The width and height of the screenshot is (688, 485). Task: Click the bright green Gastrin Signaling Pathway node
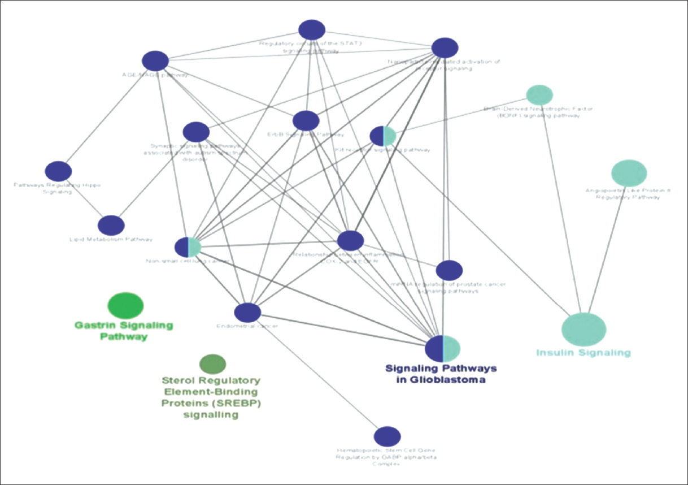pyautogui.click(x=125, y=305)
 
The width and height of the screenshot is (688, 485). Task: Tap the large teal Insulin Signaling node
pyautogui.click(x=584, y=329)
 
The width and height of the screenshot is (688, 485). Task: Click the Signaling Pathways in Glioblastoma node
pyautogui.click(x=443, y=348)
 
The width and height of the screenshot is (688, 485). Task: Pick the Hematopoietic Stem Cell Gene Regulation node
pyautogui.click(x=387, y=436)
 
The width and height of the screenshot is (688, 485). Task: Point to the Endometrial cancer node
pyautogui.click(x=247, y=312)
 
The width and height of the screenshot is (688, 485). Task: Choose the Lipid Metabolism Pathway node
pyautogui.click(x=111, y=226)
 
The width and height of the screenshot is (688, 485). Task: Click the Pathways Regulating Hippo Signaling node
pyautogui.click(x=58, y=171)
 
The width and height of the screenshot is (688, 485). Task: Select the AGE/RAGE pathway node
pyautogui.click(x=155, y=61)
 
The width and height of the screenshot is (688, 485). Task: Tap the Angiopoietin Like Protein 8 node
pyautogui.click(x=629, y=173)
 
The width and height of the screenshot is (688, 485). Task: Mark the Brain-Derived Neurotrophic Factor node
pyautogui.click(x=539, y=94)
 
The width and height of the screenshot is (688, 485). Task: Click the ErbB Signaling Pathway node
pyautogui.click(x=306, y=120)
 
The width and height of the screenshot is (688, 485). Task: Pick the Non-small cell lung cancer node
pyautogui.click(x=188, y=247)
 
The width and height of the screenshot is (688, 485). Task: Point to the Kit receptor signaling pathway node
pyautogui.click(x=383, y=136)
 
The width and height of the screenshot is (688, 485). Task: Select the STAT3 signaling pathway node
pyautogui.click(x=312, y=30)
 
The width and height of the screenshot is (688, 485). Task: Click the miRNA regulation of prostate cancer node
pyautogui.click(x=449, y=270)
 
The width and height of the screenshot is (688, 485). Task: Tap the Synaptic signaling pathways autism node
pyautogui.click(x=196, y=132)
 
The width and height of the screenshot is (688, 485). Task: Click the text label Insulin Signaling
pyautogui.click(x=583, y=353)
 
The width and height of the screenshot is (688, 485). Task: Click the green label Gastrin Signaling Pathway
pyautogui.click(x=124, y=331)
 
